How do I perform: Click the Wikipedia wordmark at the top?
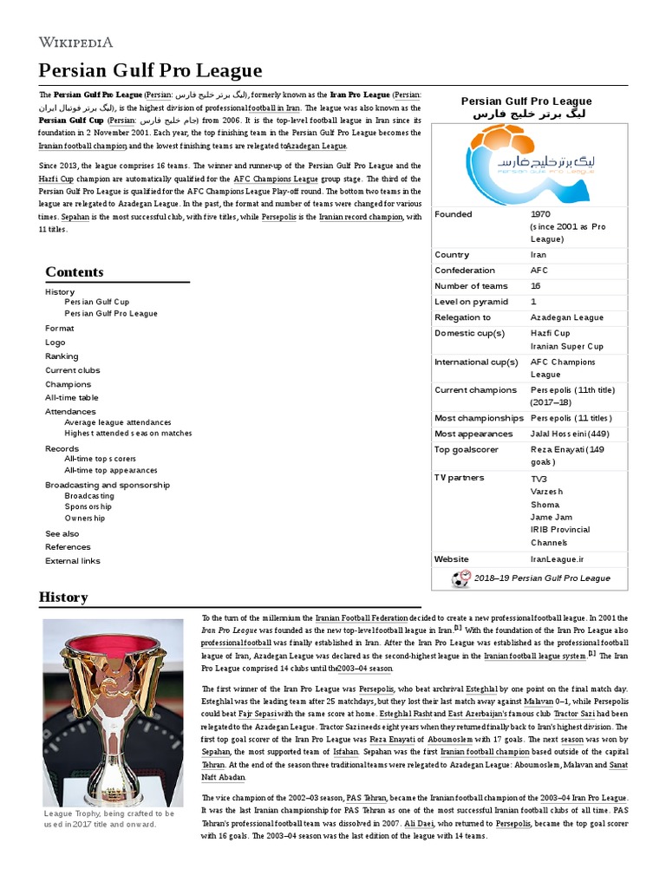[x=75, y=42]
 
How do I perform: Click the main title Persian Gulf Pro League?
[x=151, y=70]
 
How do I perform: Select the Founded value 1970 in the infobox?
[x=540, y=214]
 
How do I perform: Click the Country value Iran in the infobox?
[x=539, y=255]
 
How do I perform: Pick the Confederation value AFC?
[x=539, y=271]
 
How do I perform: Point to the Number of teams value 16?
[x=535, y=286]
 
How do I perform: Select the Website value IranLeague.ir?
[x=557, y=559]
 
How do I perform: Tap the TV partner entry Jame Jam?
[x=552, y=517]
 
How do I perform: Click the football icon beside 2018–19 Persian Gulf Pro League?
[x=461, y=578]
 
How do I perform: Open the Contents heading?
[x=75, y=272]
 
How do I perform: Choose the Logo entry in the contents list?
[x=55, y=343]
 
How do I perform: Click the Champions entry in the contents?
[x=69, y=384]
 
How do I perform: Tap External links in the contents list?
[x=73, y=561]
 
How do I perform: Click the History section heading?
[x=63, y=597]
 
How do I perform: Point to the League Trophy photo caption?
[x=109, y=819]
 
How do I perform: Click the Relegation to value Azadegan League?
[x=567, y=317]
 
